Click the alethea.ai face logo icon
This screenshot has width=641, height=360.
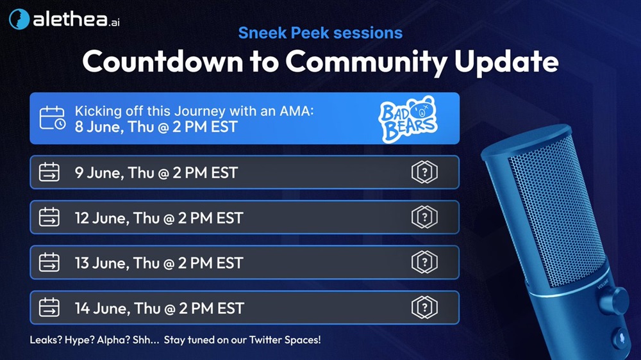(19, 19)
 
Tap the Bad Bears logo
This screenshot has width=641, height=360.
(408, 119)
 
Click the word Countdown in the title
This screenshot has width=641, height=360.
(162, 61)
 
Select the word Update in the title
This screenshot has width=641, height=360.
(506, 63)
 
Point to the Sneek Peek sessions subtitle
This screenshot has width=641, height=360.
(320, 33)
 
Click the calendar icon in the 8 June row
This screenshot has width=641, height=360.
(53, 118)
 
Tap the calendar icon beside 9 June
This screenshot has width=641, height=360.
(49, 172)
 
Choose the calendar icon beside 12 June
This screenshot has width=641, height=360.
(49, 217)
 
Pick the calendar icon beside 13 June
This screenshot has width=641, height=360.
(49, 263)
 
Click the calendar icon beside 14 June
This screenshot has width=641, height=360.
(49, 307)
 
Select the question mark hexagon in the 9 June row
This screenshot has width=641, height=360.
(424, 172)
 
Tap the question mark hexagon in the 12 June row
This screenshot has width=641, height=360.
(424, 217)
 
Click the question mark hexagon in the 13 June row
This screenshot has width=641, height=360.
(424, 263)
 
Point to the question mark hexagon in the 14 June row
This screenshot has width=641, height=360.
(424, 307)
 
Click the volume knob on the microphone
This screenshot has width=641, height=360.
(615, 300)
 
